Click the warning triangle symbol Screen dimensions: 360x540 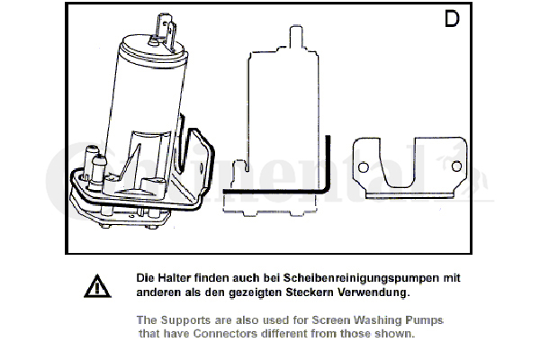point(94,287)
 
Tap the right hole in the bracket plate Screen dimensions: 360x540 point(457,166)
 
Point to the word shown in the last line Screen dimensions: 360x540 point(396,334)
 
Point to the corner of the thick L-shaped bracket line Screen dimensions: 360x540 point(328,190)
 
